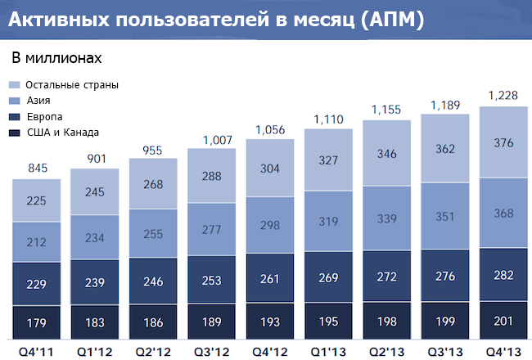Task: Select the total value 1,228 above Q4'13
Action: [x=504, y=97]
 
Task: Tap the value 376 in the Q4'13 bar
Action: [x=504, y=144]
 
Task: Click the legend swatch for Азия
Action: [x=15, y=101]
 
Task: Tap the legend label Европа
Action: [x=43, y=116]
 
